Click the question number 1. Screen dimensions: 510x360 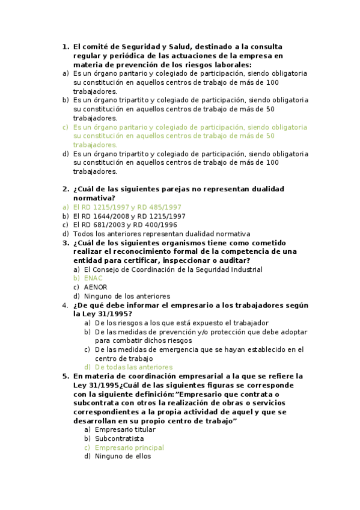coord(66,46)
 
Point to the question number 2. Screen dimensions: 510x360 coord(66,189)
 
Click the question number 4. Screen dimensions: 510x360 coord(66,305)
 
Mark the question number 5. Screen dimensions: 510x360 coord(66,376)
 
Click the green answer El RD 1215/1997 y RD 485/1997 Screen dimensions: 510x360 coord(127,207)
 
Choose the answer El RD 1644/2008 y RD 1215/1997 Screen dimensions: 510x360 coord(129,216)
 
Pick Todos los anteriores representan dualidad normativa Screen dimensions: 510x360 coord(161,234)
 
